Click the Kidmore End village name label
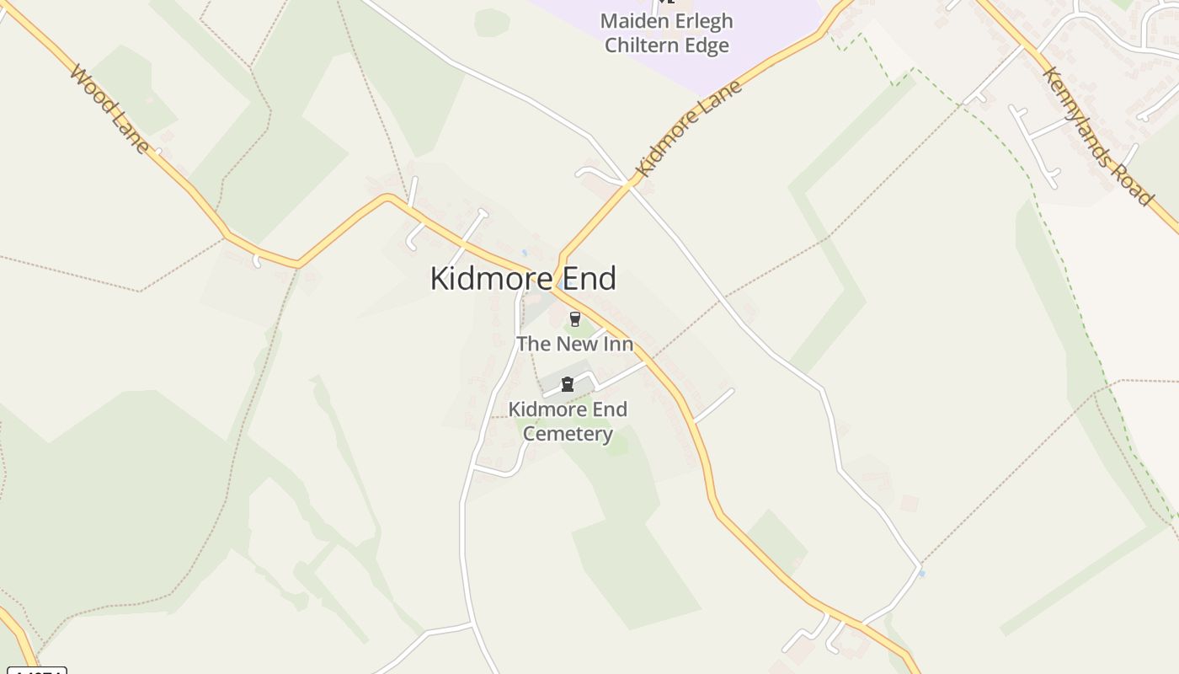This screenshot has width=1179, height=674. tap(523, 279)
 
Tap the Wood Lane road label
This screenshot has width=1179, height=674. tap(110, 110)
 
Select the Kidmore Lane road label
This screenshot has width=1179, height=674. tap(689, 128)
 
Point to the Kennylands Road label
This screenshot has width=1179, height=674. tap(1097, 136)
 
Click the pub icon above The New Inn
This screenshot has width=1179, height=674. tap(575, 319)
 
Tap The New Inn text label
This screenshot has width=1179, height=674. tap(574, 344)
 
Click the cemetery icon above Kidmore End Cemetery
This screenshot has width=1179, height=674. tap(568, 385)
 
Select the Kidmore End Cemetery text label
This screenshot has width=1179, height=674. tap(568, 421)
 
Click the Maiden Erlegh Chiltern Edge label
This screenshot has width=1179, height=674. tap(667, 33)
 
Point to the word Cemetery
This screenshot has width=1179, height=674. tap(568, 434)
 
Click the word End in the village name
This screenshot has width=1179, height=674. tap(589, 279)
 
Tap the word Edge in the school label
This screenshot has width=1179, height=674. tap(707, 45)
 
